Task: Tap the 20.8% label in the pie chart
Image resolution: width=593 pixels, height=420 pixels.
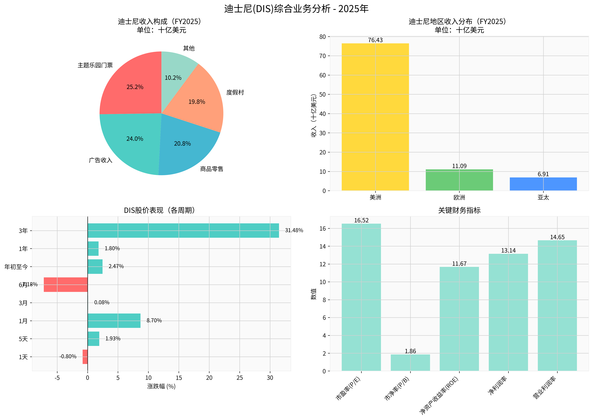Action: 182,144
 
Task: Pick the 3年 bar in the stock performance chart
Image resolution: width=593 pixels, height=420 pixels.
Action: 183,230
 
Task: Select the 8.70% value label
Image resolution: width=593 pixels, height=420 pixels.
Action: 154,320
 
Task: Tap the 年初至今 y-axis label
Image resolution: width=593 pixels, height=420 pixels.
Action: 16,267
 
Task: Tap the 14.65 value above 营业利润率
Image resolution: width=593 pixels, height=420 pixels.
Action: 557,237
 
